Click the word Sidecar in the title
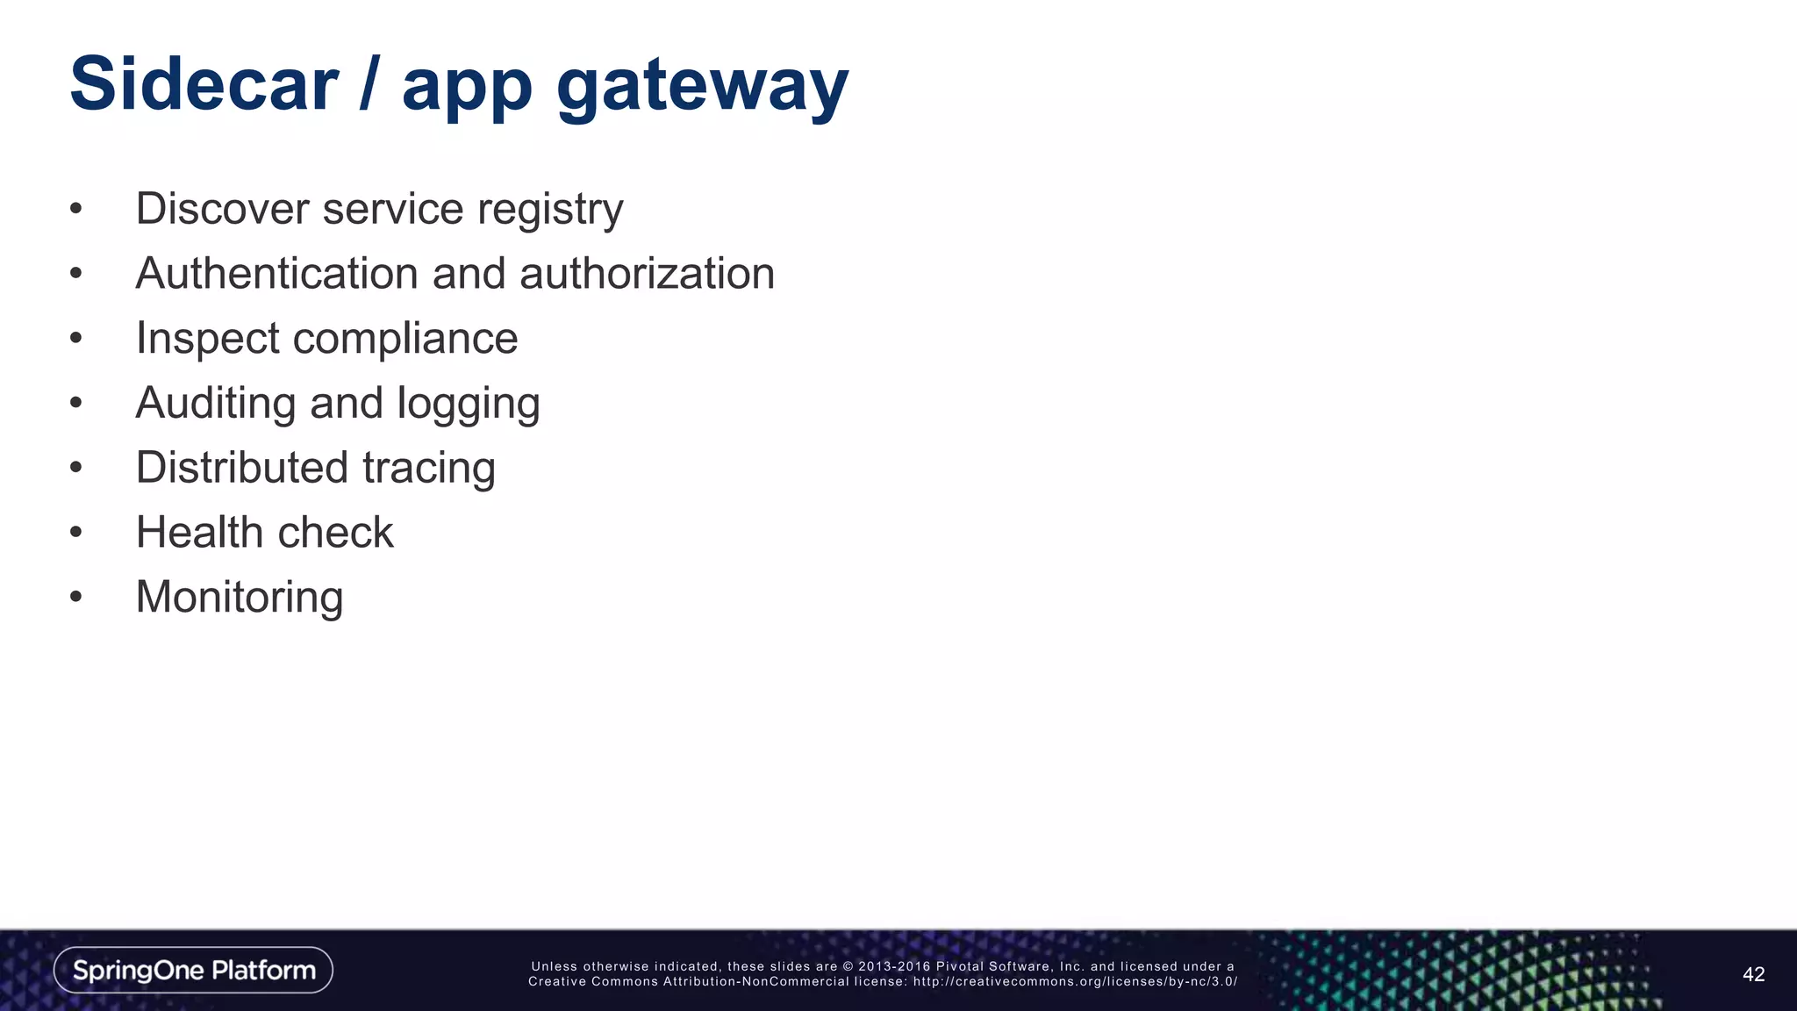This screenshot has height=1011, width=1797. pyautogui.click(x=204, y=84)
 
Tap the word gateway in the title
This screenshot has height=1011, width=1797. pyautogui.click(x=702, y=88)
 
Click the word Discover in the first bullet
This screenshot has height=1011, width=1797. pyautogui.click(x=222, y=209)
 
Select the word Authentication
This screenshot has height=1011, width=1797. pyautogui.click(x=276, y=274)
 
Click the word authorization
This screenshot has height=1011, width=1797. pyautogui.click(x=647, y=274)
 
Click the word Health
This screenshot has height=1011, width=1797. pyautogui.click(x=199, y=533)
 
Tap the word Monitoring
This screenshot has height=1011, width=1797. pyautogui.click(x=239, y=598)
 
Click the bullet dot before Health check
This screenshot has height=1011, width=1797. pyautogui.click(x=76, y=533)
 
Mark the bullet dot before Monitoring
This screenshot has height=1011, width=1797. pyautogui.click(x=76, y=598)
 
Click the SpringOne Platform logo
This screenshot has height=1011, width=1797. pyautogui.click(x=193, y=970)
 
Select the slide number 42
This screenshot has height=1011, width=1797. pyautogui.click(x=1753, y=974)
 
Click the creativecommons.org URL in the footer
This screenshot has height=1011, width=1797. pyautogui.click(x=1075, y=982)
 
